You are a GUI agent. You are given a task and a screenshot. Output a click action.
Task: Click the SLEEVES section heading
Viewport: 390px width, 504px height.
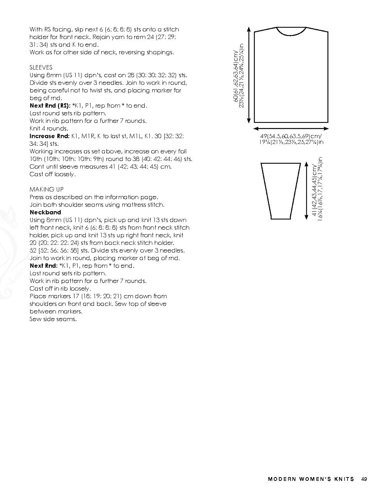tap(41, 67)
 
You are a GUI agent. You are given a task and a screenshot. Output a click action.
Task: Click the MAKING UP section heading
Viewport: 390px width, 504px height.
tap(46, 189)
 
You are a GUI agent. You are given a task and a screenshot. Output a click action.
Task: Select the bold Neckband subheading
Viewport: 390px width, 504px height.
tap(45, 212)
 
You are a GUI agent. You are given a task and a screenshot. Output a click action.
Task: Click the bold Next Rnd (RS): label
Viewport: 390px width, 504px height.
tap(50, 106)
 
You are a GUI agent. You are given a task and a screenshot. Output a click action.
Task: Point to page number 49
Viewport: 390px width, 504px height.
tap(364, 479)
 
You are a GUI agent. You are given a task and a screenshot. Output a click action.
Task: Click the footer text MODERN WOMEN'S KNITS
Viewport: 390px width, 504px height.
tap(311, 479)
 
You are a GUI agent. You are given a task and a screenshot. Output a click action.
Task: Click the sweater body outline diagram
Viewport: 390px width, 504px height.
tap(291, 78)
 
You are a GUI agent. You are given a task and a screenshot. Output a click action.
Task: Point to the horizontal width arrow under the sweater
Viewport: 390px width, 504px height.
tap(291, 128)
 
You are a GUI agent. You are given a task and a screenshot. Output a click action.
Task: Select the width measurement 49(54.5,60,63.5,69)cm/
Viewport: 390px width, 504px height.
tap(291, 136)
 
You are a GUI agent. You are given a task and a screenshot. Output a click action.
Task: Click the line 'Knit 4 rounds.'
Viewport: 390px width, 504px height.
tap(49, 129)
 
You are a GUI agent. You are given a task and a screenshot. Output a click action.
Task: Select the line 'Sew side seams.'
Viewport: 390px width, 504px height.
tap(53, 319)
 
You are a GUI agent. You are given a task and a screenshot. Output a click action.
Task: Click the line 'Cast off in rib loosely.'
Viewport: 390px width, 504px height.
tap(60, 289)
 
